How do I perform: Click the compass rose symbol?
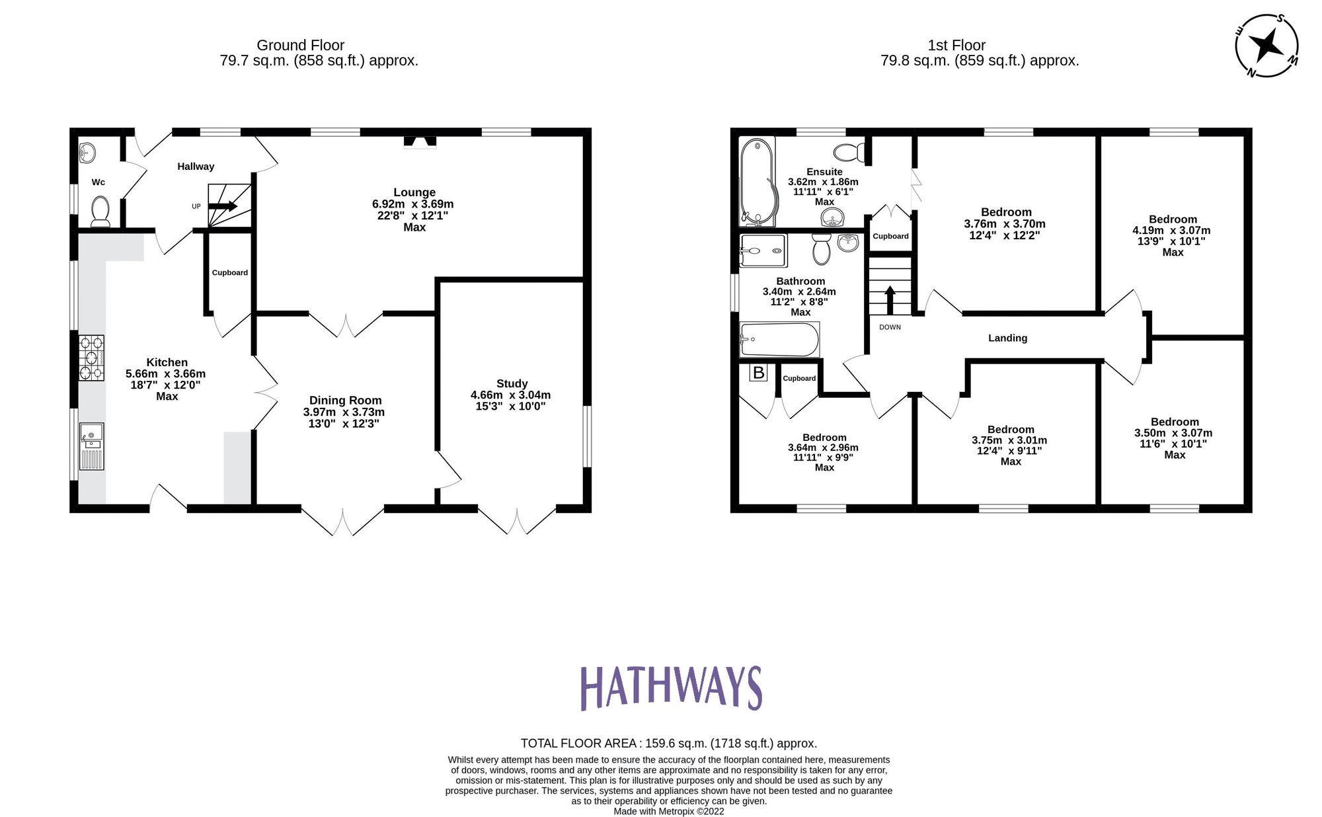tap(1266, 46)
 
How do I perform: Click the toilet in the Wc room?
tap(100, 211)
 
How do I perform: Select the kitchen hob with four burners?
tap(91, 358)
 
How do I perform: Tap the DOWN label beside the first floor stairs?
tap(890, 327)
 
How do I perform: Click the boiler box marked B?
tap(758, 373)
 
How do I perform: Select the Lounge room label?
tap(414, 192)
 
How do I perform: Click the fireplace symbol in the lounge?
tap(420, 141)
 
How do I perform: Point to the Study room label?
tap(512, 383)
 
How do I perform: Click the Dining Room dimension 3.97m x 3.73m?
tap(344, 412)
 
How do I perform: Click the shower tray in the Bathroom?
tap(763, 251)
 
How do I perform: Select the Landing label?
tap(1007, 338)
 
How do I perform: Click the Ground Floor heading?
tap(300, 45)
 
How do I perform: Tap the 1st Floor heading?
tap(956, 45)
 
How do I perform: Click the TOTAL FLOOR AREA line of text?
tap(668, 743)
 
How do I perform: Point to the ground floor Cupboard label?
tap(229, 272)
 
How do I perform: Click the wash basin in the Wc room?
tap(87, 153)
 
